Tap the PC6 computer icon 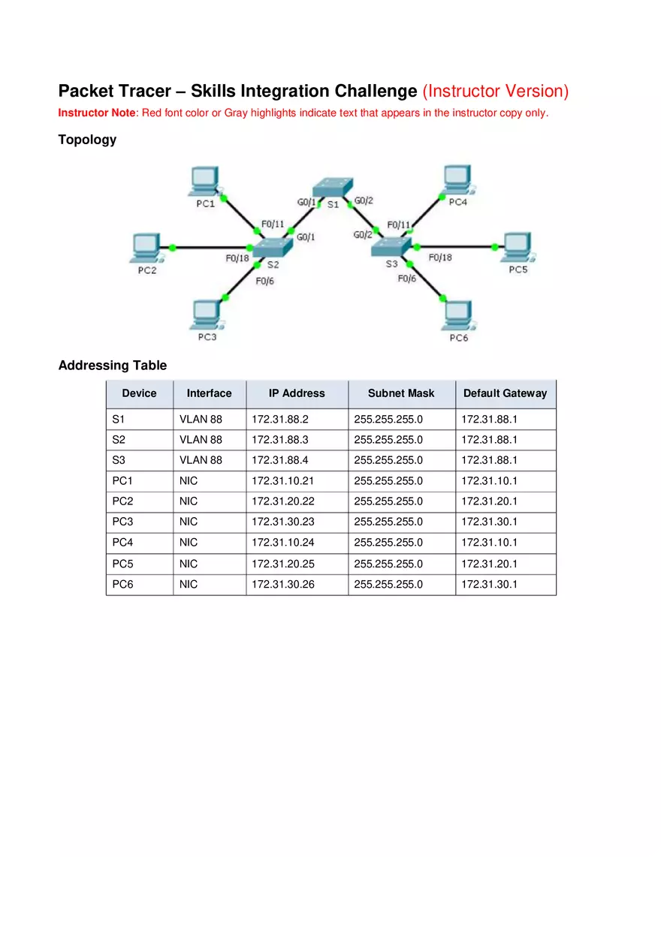(x=457, y=316)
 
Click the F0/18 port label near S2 (x=237, y=258)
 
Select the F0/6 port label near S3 (x=407, y=278)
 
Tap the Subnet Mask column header (x=401, y=393)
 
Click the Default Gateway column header (x=505, y=393)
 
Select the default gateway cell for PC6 (x=489, y=584)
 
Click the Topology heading (x=87, y=140)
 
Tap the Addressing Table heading (x=113, y=366)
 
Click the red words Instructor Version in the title (x=496, y=92)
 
